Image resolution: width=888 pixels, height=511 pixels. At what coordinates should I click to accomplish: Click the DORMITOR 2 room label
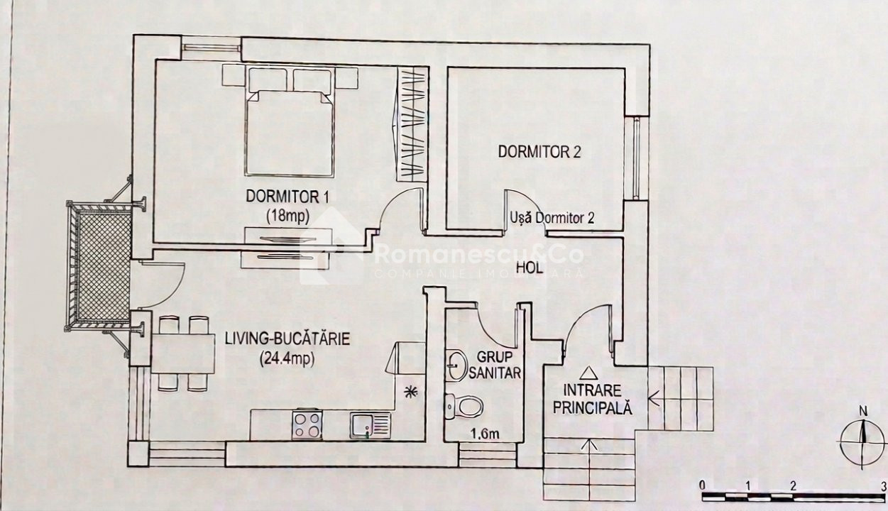point(539,152)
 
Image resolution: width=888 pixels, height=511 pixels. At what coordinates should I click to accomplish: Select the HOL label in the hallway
point(530,268)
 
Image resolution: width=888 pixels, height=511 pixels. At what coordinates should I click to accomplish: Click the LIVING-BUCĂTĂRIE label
point(287,339)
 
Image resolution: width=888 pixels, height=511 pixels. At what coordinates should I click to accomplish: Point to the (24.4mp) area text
point(287,360)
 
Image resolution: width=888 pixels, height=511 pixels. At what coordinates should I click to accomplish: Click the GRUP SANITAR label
point(495,365)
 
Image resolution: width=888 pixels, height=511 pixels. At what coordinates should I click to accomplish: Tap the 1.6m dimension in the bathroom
point(485,434)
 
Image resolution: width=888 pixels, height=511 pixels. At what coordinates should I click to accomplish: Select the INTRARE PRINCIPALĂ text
point(592,399)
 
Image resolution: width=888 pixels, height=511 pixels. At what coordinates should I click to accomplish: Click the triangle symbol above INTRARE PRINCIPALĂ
point(588,373)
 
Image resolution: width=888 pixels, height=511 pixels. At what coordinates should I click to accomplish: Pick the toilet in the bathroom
point(464,407)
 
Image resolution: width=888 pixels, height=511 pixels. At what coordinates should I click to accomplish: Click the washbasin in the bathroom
point(456,366)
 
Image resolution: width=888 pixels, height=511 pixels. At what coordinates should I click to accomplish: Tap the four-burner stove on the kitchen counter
point(307,424)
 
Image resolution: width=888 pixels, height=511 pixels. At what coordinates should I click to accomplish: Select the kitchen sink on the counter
point(371,426)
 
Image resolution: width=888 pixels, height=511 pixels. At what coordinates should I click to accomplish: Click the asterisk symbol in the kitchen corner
point(410,392)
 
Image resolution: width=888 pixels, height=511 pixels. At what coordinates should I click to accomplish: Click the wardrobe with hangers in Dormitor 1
point(412,124)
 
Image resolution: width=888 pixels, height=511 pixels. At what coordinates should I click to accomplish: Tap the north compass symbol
point(862,439)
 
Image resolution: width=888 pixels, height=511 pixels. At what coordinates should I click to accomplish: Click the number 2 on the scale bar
point(793,486)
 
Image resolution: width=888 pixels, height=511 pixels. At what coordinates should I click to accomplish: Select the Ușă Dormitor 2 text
point(552,218)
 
